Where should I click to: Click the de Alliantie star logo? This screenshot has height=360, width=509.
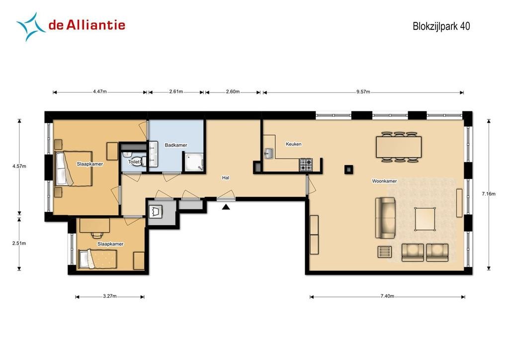(x=30, y=27)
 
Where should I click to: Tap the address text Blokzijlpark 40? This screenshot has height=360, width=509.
(x=441, y=26)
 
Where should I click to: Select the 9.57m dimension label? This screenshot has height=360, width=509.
(x=363, y=92)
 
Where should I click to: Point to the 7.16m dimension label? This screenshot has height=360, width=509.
(x=489, y=194)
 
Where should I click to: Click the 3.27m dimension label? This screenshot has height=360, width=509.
(x=110, y=296)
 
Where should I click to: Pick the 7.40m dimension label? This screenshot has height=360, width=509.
(x=387, y=296)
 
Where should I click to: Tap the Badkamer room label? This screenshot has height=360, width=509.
(x=176, y=145)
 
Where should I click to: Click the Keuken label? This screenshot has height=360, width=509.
(x=293, y=144)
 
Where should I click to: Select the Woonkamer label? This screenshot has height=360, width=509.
(x=384, y=181)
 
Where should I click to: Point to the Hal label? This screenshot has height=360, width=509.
(x=226, y=178)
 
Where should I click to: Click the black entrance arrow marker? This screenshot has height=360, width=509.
(x=226, y=207)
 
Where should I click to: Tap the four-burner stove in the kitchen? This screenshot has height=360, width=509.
(x=306, y=165)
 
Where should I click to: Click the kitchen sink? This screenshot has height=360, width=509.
(x=269, y=153)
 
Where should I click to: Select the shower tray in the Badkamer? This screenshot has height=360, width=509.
(x=194, y=162)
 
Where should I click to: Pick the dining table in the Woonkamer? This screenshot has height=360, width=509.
(x=399, y=147)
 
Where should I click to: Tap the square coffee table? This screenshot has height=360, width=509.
(x=425, y=219)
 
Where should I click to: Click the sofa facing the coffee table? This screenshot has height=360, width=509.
(x=386, y=218)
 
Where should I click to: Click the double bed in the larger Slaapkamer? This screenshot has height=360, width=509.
(x=74, y=169)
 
